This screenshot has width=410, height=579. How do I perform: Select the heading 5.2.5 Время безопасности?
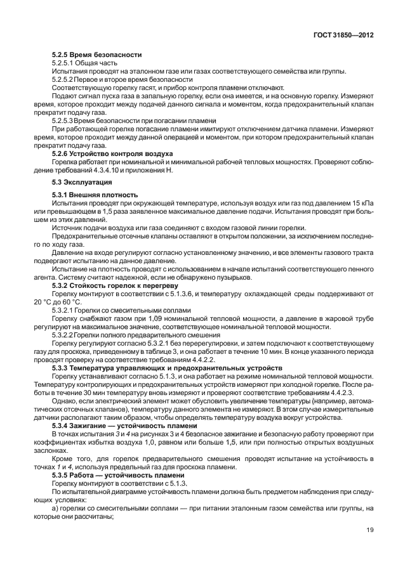[96, 55]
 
